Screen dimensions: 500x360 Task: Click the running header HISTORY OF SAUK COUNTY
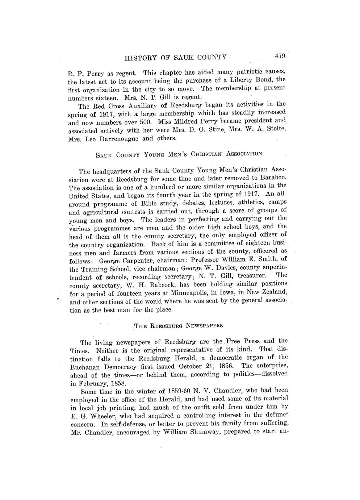175,57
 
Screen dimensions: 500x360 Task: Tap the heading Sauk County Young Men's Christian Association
179,154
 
